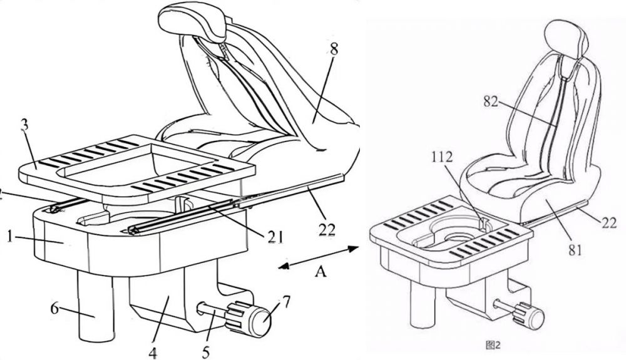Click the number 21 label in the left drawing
click(x=273, y=237)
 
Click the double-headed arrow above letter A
click(x=319, y=256)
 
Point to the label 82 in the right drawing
click(x=491, y=103)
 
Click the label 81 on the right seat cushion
click(x=576, y=250)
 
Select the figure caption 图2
click(x=495, y=344)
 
